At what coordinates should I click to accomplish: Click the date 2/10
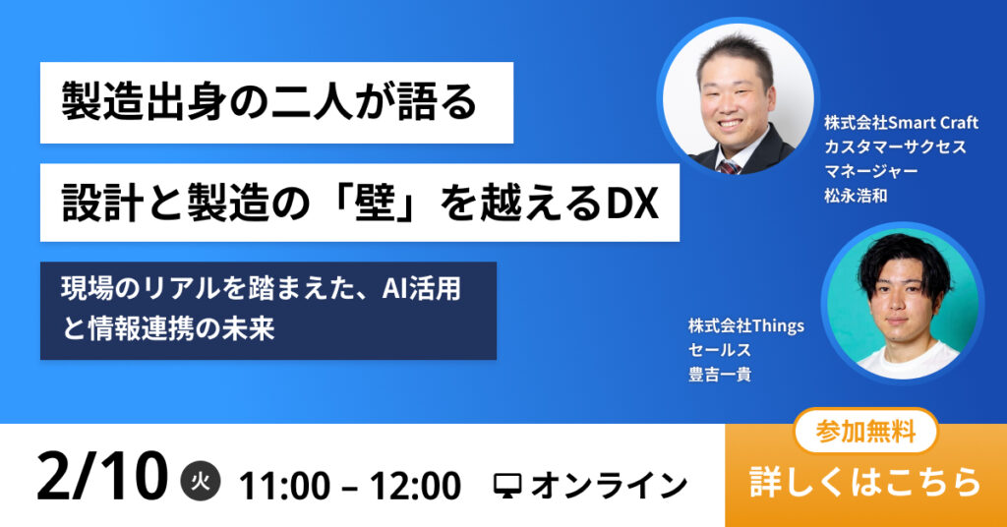tap(101, 477)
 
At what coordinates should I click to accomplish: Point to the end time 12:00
tap(415, 486)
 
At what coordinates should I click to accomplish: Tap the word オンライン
tap(609, 486)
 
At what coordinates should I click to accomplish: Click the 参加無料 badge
tap(865, 432)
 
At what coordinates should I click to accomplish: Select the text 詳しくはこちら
tap(865, 482)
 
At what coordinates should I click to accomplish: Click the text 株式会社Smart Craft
tap(901, 122)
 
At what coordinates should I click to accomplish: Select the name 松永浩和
tap(856, 195)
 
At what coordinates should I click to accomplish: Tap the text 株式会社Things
tap(746, 326)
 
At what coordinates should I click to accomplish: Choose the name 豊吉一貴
tap(720, 375)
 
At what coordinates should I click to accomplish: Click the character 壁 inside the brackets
tap(374, 204)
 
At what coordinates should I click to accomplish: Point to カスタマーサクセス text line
tap(895, 146)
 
